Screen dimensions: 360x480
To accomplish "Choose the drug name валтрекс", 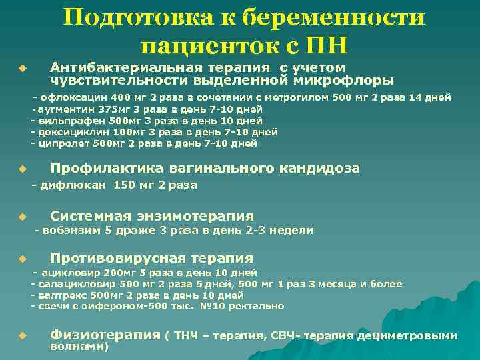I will pos(63,295).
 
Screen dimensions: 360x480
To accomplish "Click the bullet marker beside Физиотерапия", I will pos(21,335).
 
